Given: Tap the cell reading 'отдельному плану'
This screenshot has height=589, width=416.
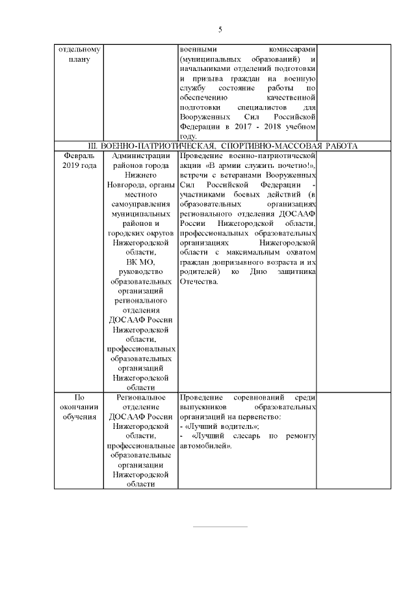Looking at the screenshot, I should (78, 54).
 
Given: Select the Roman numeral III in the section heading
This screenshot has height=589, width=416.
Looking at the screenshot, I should (93, 146).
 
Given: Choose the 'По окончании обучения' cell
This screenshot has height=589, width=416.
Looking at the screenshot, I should (78, 407).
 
